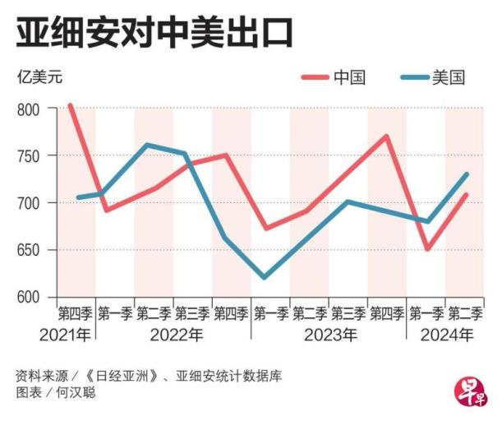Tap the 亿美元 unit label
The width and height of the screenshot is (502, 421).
click(x=39, y=79)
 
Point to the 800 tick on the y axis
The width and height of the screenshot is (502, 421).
click(x=29, y=109)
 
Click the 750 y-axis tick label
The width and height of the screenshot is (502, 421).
click(x=29, y=156)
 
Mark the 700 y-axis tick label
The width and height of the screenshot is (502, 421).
click(x=29, y=203)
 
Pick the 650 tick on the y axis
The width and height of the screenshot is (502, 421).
click(x=29, y=250)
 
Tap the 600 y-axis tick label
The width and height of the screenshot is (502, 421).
click(x=29, y=297)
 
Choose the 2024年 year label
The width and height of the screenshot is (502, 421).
click(x=446, y=335)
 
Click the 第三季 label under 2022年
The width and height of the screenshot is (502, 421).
click(x=192, y=313)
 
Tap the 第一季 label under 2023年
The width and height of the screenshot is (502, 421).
click(x=270, y=313)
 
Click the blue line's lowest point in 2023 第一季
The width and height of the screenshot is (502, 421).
click(x=265, y=278)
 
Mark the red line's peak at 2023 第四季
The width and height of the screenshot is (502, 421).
click(x=386, y=136)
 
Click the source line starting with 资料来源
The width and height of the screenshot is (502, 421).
click(x=148, y=375)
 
